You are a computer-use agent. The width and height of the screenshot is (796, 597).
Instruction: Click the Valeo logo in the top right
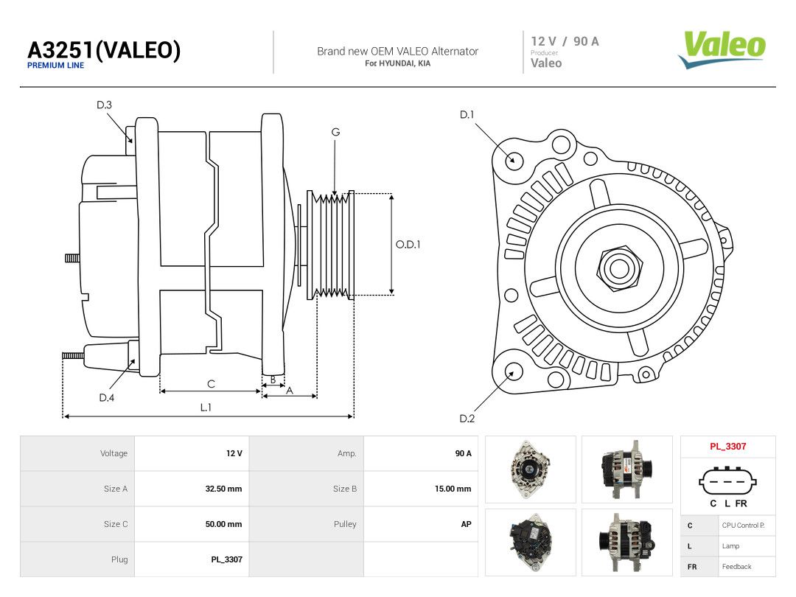[x=722, y=49]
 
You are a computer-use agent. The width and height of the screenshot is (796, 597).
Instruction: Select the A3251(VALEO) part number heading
[x=104, y=50]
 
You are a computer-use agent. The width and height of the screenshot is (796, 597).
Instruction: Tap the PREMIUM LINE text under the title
[x=55, y=66]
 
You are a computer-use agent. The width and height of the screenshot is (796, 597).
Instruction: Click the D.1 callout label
[x=467, y=115]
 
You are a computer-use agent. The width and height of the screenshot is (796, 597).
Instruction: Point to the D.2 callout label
[x=467, y=419]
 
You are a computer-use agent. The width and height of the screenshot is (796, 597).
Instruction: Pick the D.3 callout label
[x=104, y=105]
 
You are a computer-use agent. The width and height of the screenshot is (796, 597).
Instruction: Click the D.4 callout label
[x=107, y=397]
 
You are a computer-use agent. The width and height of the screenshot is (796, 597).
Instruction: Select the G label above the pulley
[x=335, y=132]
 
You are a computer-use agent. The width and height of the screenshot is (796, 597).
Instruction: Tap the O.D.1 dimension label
[x=408, y=244]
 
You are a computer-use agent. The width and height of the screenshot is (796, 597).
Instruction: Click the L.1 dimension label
[x=206, y=407]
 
